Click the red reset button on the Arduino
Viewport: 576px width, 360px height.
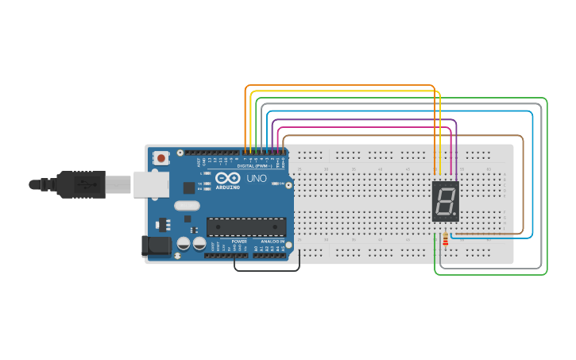162,158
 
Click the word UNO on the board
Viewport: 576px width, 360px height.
257,179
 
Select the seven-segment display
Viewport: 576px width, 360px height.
445,200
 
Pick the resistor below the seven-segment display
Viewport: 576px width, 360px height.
445,238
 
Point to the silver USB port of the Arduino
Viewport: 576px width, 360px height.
148,184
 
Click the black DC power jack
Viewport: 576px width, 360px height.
155,246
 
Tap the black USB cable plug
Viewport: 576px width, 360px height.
79,184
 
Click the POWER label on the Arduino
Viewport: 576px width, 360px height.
239,241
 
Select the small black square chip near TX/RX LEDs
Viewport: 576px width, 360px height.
188,188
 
